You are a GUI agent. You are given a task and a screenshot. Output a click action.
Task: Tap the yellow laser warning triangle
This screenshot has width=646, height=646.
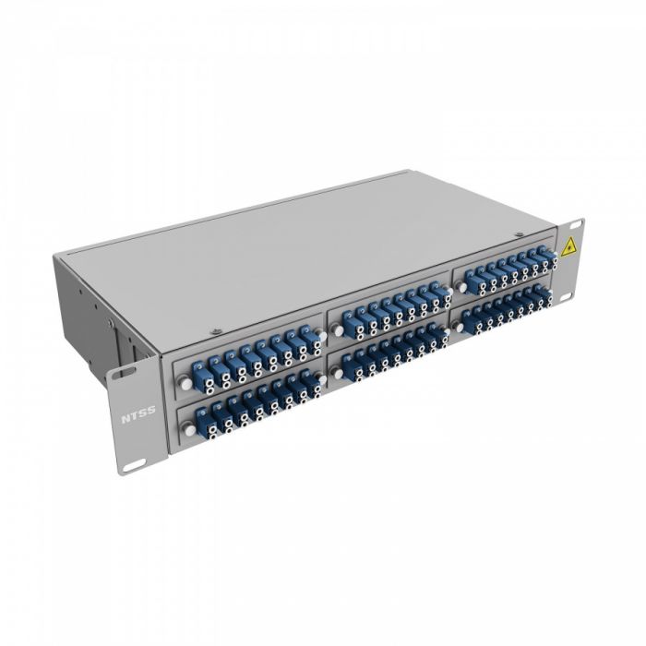(x=569, y=246)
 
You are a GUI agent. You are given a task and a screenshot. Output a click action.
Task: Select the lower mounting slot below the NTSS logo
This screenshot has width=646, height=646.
(x=132, y=464)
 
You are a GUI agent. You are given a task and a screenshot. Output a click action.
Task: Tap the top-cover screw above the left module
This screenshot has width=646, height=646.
(x=215, y=330)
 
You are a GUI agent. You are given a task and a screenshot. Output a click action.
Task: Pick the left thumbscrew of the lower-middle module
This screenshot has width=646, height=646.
(x=338, y=374)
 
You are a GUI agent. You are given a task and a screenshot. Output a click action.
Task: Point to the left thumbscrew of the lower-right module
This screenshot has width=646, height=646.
(x=459, y=326)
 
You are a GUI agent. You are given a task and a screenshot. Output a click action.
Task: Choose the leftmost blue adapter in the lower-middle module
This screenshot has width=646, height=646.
(x=353, y=366)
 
